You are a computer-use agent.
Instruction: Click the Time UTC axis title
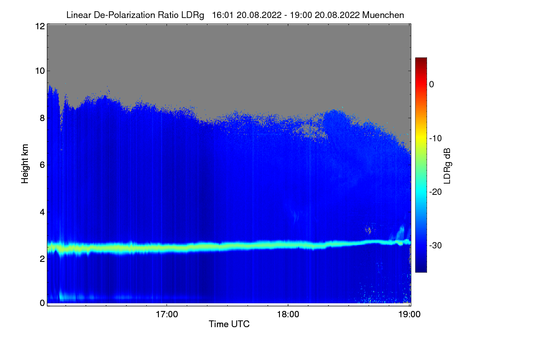pyautogui.click(x=229, y=324)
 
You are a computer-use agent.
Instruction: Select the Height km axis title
pyautogui.click(x=25, y=164)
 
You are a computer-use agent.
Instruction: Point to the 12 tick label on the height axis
pyautogui.click(x=39, y=26)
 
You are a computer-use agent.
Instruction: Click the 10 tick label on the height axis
pyautogui.click(x=39, y=71)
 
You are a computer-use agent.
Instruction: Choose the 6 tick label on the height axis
pyautogui.click(x=41, y=165)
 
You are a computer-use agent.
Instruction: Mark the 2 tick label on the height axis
pyautogui.click(x=41, y=259)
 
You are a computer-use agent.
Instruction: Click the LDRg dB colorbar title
pyautogui.click(x=447, y=165)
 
